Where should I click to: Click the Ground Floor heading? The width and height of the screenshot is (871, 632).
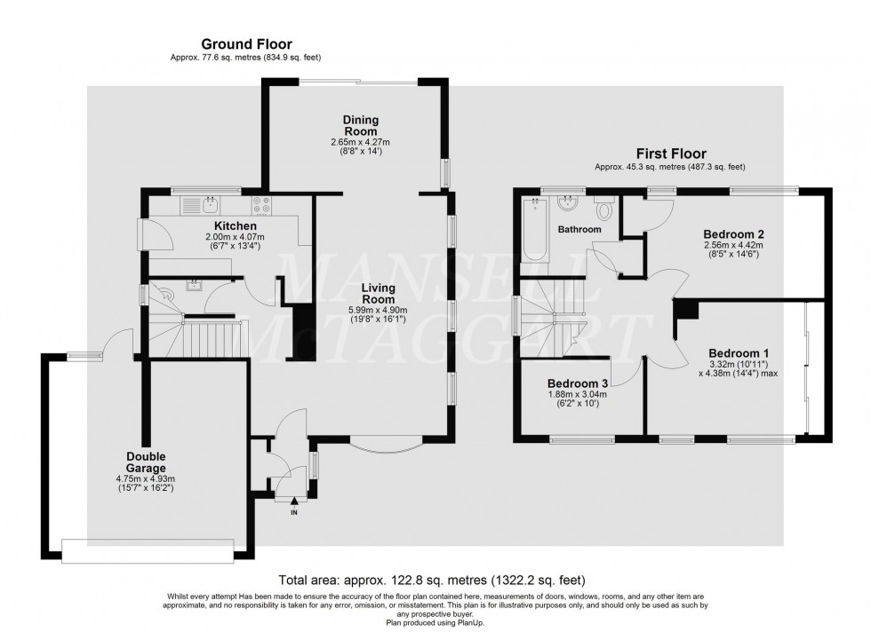[x=246, y=43]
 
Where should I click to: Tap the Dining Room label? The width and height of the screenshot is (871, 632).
[x=362, y=125]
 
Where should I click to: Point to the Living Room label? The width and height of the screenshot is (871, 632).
[x=384, y=294]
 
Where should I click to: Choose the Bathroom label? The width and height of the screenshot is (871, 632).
[x=579, y=230]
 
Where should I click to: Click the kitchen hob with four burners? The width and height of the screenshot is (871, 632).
[x=261, y=206]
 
